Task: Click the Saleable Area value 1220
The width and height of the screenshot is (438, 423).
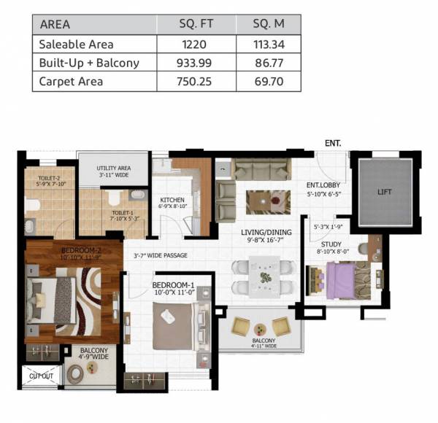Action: [x=195, y=44]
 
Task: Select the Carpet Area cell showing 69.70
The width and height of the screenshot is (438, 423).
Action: [x=268, y=81]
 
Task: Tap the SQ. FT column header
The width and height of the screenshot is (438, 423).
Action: [x=195, y=25]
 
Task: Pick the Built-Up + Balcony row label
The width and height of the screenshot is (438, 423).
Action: [x=88, y=63]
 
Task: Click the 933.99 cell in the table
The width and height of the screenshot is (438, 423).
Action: [x=195, y=63]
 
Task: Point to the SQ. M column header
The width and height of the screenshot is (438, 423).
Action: [x=268, y=25]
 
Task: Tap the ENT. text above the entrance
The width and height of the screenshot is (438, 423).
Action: [x=332, y=144]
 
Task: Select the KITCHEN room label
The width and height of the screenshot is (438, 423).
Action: [x=172, y=200]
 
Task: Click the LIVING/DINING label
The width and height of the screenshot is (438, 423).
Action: [x=266, y=233]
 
